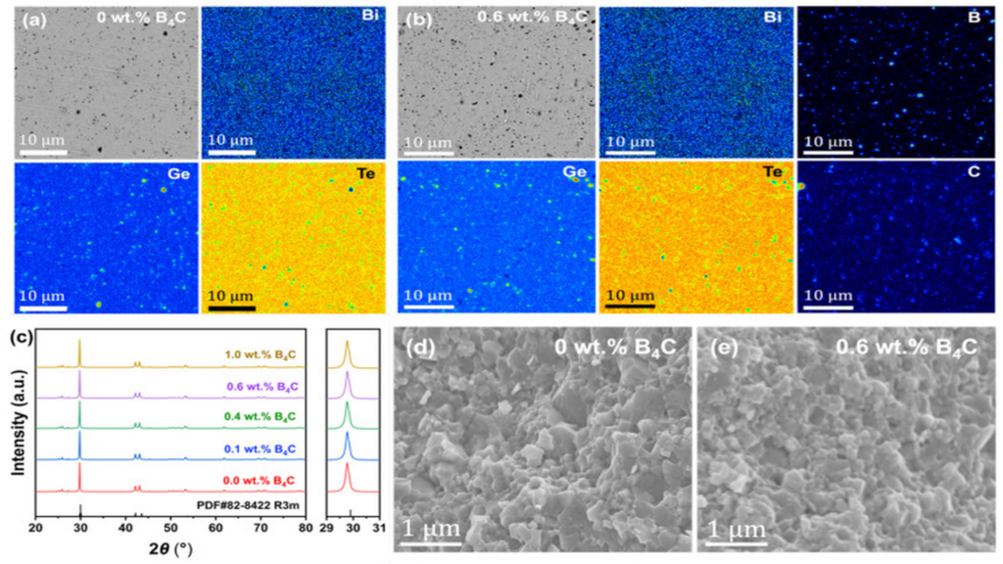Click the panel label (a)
[x=21, y=17]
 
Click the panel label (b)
[x=412, y=17]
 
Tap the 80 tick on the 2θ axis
[x=306, y=530]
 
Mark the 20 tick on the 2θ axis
[x=35, y=530]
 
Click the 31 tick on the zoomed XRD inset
[x=377, y=530]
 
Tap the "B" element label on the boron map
[x=979, y=17]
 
